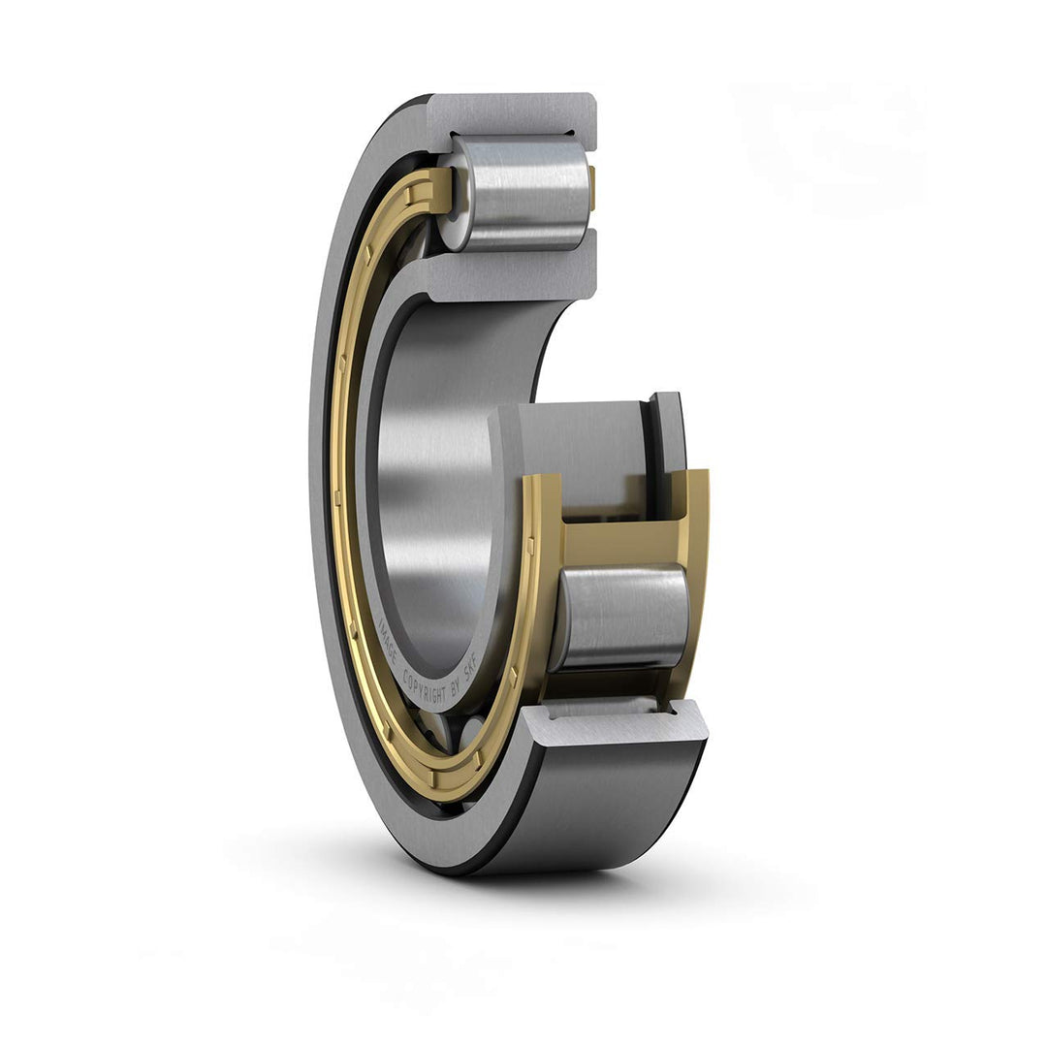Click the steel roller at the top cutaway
(523, 191)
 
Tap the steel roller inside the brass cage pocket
(620, 616)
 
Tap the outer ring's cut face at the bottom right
(620, 723)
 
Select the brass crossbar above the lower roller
(620, 543)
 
